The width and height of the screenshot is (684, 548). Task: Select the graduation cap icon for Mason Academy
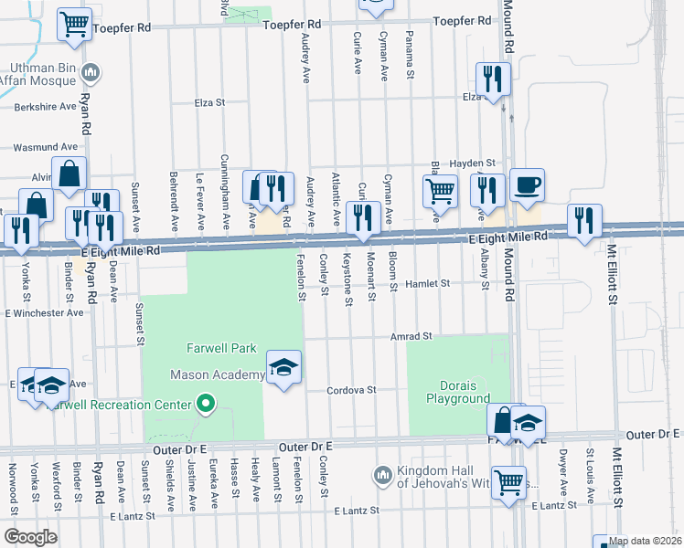[x=283, y=368]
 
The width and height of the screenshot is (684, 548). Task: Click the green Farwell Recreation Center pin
[x=207, y=404]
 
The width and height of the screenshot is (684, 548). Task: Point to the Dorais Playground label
[x=458, y=391]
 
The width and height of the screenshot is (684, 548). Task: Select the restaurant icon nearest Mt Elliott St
[x=584, y=221]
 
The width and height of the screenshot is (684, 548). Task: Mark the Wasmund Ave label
[x=44, y=146]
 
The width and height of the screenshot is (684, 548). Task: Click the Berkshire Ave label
[x=45, y=106]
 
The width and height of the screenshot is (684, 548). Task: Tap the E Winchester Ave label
[x=44, y=312]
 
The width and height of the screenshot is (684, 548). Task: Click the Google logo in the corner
[x=30, y=537]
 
